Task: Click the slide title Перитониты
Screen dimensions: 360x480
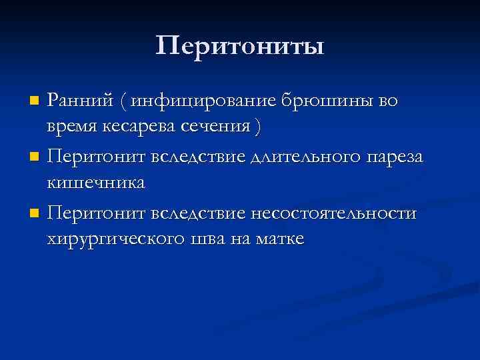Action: pos(240,47)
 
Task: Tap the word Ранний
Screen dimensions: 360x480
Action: pos(78,101)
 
